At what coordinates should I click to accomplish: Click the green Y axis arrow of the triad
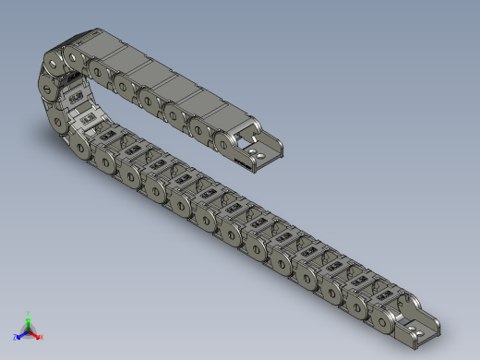coord(30,319)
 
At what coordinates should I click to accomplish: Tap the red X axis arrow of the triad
coord(36,334)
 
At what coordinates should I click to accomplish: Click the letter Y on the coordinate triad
coord(30,313)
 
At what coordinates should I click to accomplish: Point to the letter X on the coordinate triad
coord(42,337)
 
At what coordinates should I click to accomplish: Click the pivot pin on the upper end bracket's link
coord(225,141)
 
